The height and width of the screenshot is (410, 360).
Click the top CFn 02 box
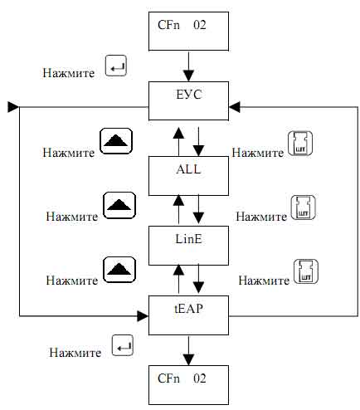pos(188,32)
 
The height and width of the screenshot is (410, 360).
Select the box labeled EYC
pos(188,100)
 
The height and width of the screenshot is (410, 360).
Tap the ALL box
pos(188,176)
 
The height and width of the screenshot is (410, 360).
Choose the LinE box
pos(188,246)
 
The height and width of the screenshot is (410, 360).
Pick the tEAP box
pos(188,315)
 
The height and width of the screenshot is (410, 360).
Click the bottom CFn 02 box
pos(188,385)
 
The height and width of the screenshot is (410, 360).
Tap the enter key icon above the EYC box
pos(116,66)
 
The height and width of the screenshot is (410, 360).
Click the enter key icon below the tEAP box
pos(123,345)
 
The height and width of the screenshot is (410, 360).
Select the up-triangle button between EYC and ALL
pos(116,141)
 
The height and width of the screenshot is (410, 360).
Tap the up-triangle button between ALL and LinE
pos(119,205)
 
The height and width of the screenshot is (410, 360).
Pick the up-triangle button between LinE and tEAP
pos(119,270)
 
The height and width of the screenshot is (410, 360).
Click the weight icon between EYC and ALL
pos(300,144)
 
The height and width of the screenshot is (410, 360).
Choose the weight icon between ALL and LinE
pos(304,207)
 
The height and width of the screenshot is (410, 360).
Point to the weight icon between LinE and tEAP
pos(306,271)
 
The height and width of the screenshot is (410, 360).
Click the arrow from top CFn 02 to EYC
pos(188,66)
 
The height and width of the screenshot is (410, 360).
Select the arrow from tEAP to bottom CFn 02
pos(188,351)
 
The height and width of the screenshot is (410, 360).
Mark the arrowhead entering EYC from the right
pos(235,107)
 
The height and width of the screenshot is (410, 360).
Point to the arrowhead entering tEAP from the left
pos(143,316)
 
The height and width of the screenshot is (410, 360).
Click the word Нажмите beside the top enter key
pos(69,73)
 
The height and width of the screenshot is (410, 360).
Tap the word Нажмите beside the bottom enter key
pos(75,353)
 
